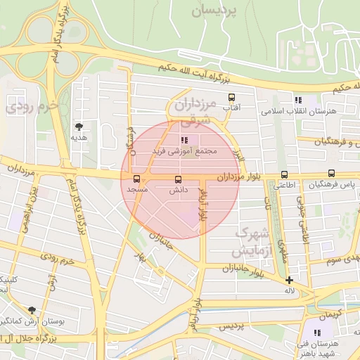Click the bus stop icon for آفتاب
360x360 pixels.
click(x=231, y=98)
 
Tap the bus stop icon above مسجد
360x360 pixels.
click(x=136, y=179)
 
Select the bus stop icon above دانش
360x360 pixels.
click(x=177, y=179)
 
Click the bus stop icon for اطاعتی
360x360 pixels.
click(x=285, y=174)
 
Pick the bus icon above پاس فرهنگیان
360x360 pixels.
click(x=331, y=174)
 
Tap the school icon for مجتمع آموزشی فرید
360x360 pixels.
click(x=185, y=140)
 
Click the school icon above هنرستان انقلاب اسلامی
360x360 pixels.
click(x=298, y=101)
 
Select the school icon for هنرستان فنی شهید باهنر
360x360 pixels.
click(x=317, y=333)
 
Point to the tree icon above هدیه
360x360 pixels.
click(x=78, y=127)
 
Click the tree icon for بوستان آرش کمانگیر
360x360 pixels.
click(x=32, y=310)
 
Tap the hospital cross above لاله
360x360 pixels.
click(x=289, y=280)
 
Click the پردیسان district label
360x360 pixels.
click(x=216, y=11)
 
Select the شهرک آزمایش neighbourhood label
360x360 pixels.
click(x=250, y=240)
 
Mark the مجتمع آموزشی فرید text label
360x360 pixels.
click(x=186, y=151)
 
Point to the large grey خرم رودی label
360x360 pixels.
click(x=29, y=108)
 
